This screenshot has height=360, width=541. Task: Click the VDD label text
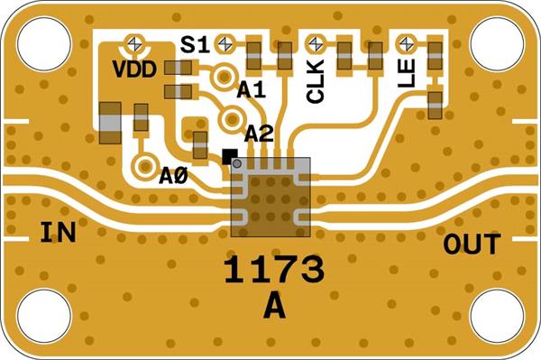point(134,69)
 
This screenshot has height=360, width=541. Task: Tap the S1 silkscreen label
point(195,45)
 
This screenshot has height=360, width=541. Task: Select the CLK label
point(316,81)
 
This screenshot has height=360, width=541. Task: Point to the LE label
point(406,73)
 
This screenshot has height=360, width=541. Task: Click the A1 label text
point(252,90)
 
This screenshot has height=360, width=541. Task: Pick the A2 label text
point(259,134)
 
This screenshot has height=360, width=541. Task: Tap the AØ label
point(173,176)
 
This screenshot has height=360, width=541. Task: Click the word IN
point(58,232)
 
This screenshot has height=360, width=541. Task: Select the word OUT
point(472,244)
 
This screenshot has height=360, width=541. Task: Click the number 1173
point(274,270)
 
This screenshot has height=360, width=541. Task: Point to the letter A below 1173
point(274,306)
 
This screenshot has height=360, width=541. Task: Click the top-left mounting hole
point(44,44)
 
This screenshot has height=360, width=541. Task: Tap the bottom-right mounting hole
point(497,316)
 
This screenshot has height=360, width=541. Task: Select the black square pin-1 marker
point(230,156)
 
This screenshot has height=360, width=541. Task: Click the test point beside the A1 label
point(225,77)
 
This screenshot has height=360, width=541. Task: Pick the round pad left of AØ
point(145,167)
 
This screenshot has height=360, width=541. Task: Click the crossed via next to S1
point(225,43)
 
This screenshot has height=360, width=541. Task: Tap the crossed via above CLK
point(316,44)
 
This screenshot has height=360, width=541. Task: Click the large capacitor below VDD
point(110,123)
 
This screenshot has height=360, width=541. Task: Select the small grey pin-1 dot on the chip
point(236,163)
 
